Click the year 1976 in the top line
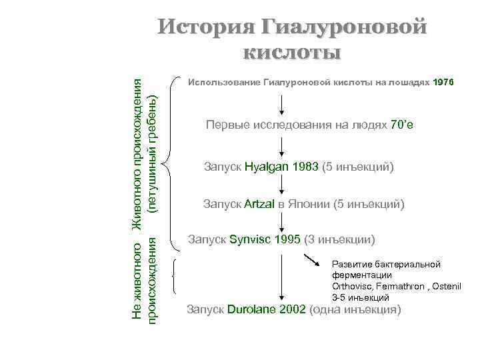443,82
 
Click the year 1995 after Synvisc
287,239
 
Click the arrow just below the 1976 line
282,104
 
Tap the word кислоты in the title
292,51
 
